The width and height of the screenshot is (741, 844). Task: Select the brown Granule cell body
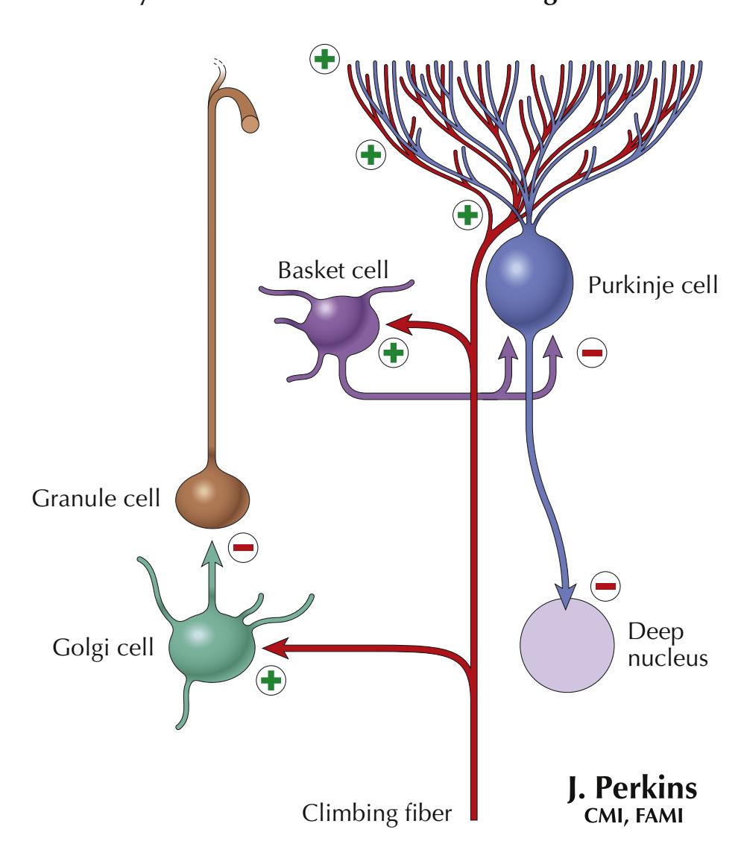coord(212,498)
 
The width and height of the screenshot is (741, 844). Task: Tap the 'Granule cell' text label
coord(95,497)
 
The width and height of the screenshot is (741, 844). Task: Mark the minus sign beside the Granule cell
coord(243,548)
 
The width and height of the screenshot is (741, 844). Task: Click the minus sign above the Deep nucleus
coord(605,586)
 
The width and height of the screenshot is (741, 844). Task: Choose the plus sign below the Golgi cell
coord(272,679)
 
